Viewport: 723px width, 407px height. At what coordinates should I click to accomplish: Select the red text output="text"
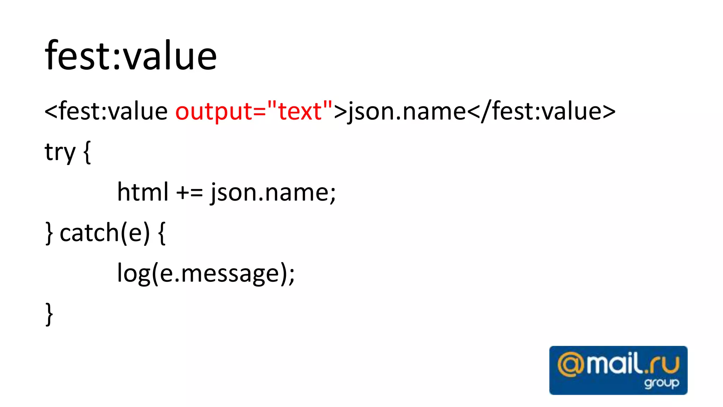click(254, 111)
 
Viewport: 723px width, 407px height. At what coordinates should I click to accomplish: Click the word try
click(60, 152)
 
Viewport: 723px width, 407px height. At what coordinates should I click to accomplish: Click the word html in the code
click(143, 193)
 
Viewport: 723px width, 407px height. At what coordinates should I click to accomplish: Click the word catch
click(89, 233)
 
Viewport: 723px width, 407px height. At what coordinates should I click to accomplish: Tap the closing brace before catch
click(49, 233)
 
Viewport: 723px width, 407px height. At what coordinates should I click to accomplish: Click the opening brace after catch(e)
click(162, 233)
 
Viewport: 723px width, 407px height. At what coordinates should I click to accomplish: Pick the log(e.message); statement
click(205, 273)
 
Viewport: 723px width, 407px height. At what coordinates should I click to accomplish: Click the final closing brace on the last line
click(49, 314)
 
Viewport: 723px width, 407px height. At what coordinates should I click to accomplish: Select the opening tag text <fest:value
click(106, 111)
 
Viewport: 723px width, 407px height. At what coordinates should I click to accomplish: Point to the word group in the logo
click(661, 383)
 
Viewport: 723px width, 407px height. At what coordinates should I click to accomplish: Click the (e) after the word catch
click(136, 233)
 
